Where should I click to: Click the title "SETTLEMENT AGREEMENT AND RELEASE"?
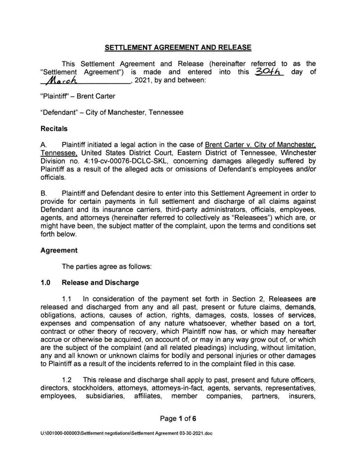(x=178, y=47)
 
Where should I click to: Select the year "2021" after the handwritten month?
(x=142, y=80)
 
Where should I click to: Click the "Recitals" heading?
(x=54, y=129)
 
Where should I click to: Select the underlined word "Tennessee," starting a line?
(x=59, y=153)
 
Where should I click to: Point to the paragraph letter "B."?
(x=44, y=194)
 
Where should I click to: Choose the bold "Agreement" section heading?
(x=59, y=250)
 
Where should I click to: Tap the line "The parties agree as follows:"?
(x=106, y=266)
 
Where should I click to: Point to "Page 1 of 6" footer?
(x=178, y=419)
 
